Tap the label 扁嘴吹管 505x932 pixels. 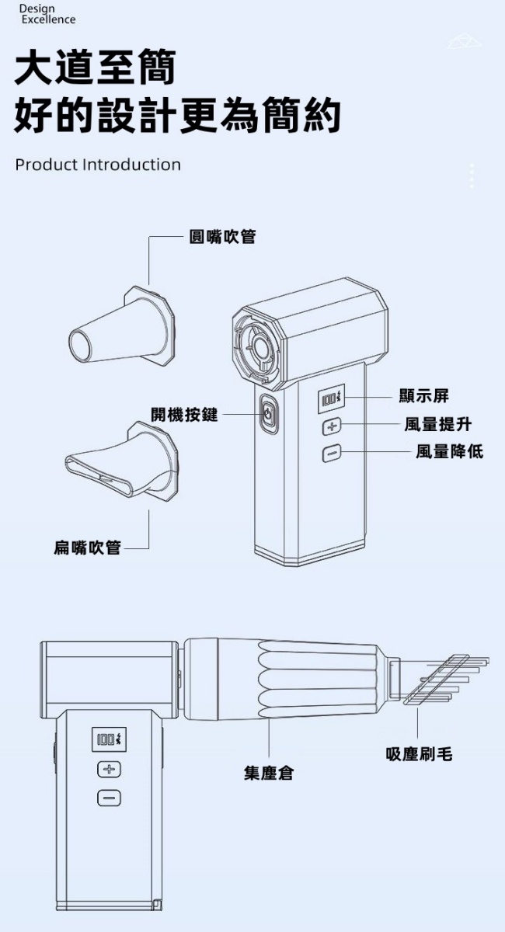(87, 548)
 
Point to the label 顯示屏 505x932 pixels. (423, 396)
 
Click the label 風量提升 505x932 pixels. (437, 424)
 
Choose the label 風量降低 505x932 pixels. (448, 451)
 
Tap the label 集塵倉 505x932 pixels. (269, 773)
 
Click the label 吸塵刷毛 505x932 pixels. (419, 753)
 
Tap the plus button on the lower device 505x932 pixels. (109, 770)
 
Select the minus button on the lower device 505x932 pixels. (109, 798)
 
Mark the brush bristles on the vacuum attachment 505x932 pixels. (447, 680)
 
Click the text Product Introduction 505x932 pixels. (98, 165)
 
